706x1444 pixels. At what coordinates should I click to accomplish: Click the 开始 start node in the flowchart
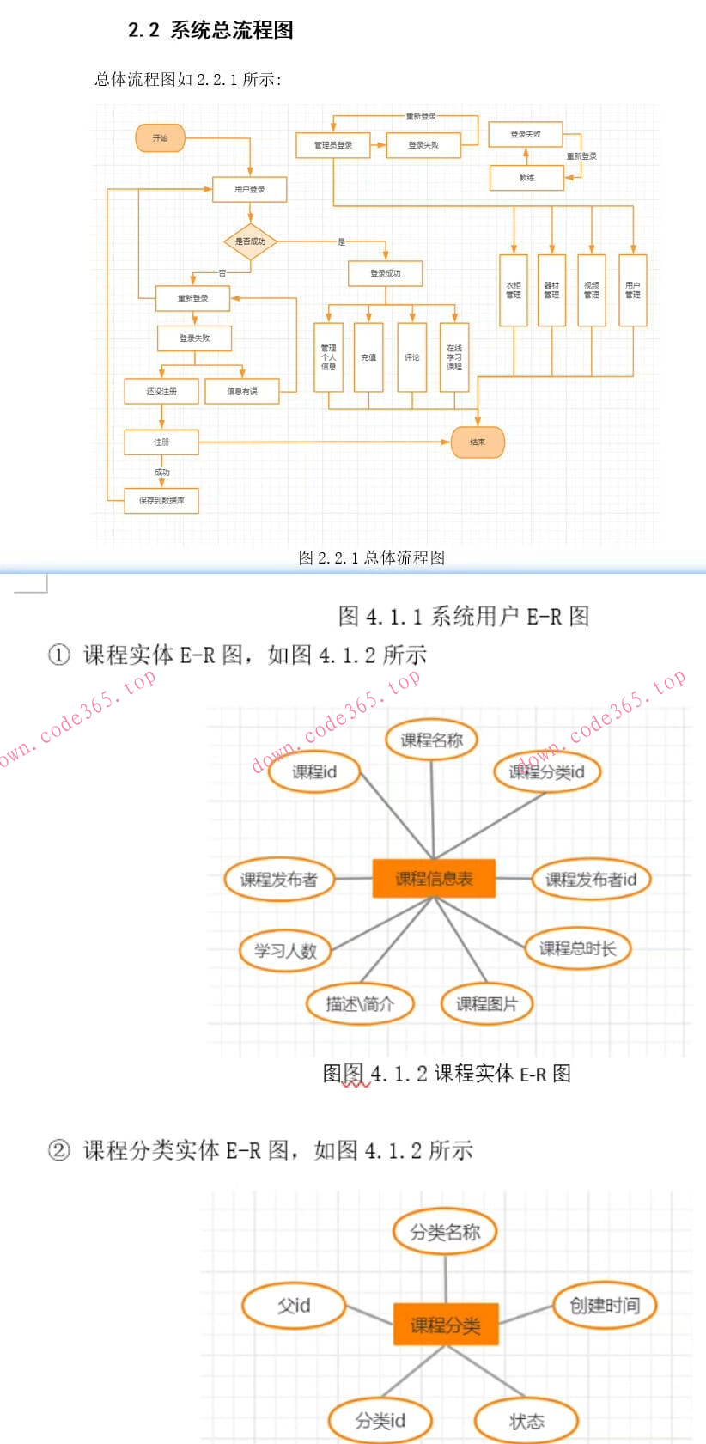[160, 138]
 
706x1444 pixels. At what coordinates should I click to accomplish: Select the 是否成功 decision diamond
[250, 241]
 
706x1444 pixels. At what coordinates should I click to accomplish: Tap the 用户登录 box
[249, 189]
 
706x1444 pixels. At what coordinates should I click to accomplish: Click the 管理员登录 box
[333, 145]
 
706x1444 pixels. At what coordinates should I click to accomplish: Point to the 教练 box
[526, 178]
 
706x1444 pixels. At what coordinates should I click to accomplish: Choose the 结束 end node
[478, 442]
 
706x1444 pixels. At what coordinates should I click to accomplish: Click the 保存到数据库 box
[161, 500]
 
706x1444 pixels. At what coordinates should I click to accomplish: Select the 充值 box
[368, 357]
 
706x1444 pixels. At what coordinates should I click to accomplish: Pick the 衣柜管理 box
[514, 290]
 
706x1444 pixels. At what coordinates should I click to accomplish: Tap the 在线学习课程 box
[454, 357]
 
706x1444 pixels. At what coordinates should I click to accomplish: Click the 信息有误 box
[242, 392]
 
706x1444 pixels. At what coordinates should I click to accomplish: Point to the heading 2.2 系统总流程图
[210, 30]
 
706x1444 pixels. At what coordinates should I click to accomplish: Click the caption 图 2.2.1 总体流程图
[372, 557]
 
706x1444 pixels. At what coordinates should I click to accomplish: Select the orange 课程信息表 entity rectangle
[434, 879]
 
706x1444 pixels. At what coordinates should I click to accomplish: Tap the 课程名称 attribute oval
[431, 740]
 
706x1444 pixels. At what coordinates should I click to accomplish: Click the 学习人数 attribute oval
[285, 951]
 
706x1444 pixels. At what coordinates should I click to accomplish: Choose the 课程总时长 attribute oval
[577, 948]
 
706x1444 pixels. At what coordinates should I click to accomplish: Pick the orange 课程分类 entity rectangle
[445, 1325]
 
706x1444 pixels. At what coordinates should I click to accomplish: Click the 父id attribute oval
[294, 1306]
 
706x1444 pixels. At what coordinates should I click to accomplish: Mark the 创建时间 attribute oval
[605, 1306]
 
